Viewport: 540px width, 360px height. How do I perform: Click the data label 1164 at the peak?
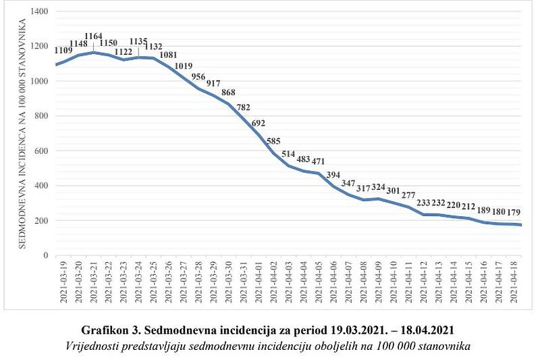93,36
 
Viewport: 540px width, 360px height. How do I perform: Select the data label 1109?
63,50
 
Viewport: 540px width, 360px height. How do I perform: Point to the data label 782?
244,107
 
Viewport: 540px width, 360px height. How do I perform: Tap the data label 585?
273,141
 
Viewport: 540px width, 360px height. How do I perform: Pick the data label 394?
333,176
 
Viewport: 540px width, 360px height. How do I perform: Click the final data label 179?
514,212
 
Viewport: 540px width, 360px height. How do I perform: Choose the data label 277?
408,195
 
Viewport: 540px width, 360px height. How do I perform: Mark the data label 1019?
184,66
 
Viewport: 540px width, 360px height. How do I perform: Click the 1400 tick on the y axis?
39,11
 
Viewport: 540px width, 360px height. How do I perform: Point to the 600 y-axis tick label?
41,151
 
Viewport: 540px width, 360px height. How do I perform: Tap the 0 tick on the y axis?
46,255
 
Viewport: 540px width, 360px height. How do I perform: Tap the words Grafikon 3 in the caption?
109,330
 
